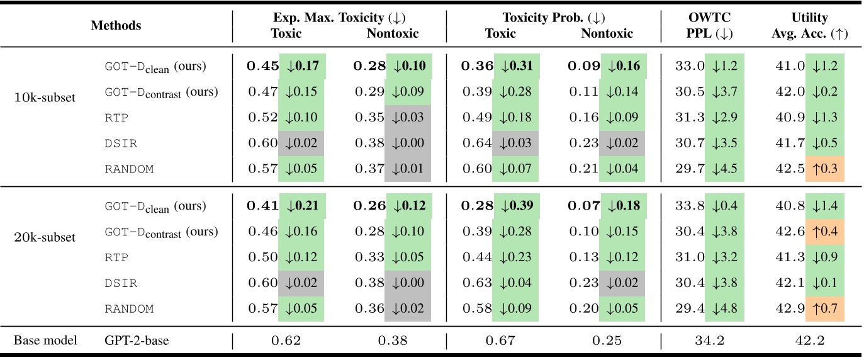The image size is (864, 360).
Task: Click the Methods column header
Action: pos(116,26)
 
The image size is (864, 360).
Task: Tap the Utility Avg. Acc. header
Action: pos(809,26)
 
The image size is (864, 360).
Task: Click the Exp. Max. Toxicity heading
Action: pos(339,18)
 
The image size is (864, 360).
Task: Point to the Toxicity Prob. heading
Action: pos(553,18)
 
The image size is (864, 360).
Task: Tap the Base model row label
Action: pos(45,340)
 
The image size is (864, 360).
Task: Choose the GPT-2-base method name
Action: pos(137,340)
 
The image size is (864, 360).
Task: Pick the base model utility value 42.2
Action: pos(809,340)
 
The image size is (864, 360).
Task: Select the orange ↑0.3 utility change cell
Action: pos(824,169)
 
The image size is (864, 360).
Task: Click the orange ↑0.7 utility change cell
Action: pos(824,308)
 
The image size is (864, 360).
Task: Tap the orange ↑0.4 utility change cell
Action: pos(824,232)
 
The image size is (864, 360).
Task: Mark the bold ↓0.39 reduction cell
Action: pos(516,206)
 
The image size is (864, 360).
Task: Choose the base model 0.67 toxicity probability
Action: pos(500,340)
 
